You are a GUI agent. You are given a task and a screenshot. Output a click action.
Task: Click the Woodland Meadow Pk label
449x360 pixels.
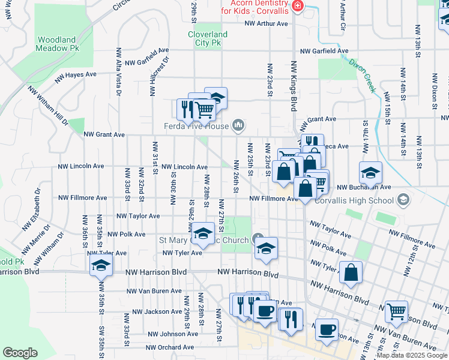coord(57,44)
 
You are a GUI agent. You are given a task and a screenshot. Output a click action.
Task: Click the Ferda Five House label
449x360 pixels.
coord(197,126)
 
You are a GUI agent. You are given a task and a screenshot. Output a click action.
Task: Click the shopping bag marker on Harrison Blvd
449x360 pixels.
coord(351,272)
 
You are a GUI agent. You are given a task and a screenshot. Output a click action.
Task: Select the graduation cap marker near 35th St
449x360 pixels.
coord(101,265)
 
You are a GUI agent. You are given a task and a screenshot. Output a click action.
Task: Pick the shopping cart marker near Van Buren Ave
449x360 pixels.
coord(396,311)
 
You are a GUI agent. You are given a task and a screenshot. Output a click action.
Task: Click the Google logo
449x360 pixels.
coord(20,353)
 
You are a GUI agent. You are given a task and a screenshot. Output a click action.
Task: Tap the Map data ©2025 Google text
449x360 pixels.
coord(412,355)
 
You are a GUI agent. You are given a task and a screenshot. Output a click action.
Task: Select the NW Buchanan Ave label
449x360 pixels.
coord(363,188)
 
